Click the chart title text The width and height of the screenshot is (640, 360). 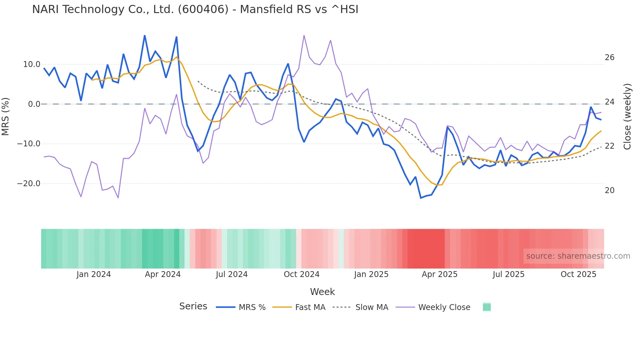(195, 9)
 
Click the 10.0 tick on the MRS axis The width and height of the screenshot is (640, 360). (31, 64)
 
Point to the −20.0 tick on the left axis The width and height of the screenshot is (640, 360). (29, 184)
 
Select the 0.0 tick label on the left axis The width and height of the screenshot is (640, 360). (34, 104)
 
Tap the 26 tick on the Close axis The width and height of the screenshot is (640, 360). (609, 57)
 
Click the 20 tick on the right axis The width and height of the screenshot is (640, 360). (609, 190)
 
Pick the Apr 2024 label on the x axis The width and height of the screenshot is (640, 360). (163, 274)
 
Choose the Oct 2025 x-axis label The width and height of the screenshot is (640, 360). (578, 274)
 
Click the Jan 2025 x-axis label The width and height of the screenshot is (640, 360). (371, 274)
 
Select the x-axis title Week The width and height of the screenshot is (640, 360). (322, 292)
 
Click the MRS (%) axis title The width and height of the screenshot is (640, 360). (6, 117)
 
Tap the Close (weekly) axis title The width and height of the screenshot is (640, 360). (627, 117)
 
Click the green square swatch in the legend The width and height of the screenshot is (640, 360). (487, 307)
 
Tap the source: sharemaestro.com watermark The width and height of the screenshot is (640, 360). (578, 256)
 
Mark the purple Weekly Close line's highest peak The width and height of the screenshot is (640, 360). (304, 35)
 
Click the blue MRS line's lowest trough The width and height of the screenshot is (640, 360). (421, 198)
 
